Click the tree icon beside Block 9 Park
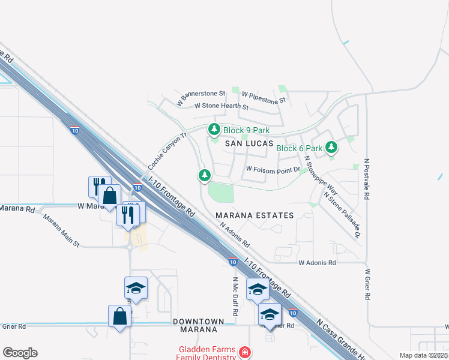214,130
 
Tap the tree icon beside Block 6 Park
331,148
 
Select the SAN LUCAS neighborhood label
249,144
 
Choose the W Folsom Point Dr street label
273,170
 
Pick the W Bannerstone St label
200,97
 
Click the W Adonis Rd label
317,262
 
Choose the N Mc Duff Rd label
236,296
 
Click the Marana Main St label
61,229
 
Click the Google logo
20,353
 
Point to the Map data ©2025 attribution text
423,355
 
